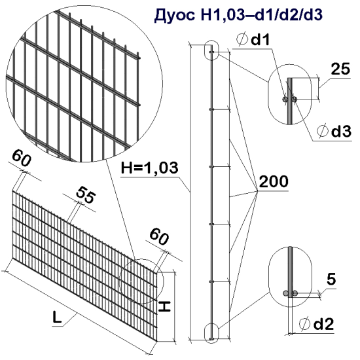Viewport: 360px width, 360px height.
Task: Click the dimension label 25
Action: [x=339, y=70]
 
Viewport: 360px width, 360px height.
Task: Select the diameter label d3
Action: [x=340, y=131]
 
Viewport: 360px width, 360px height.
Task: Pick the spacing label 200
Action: [x=273, y=182]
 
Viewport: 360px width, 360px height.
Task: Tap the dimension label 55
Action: [x=84, y=194]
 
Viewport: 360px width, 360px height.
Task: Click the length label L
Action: [x=58, y=319]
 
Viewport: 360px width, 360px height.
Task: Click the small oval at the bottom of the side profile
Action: [x=211, y=330]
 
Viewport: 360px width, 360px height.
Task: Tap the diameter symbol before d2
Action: [x=304, y=323]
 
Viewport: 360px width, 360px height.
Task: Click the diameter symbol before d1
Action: [x=241, y=41]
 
